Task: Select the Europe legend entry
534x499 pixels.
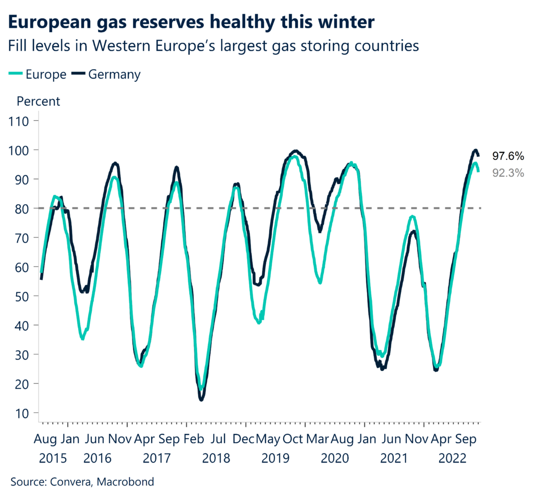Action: click(38, 74)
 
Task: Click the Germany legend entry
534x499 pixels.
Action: click(107, 74)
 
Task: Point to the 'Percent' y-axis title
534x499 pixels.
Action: click(39, 101)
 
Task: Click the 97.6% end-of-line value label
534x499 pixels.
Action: click(508, 156)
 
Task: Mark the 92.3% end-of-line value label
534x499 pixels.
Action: click(508, 173)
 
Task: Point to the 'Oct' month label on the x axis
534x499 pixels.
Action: click(292, 439)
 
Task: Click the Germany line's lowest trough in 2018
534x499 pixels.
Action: click(201, 399)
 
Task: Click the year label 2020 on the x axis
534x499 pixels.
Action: click(334, 458)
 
